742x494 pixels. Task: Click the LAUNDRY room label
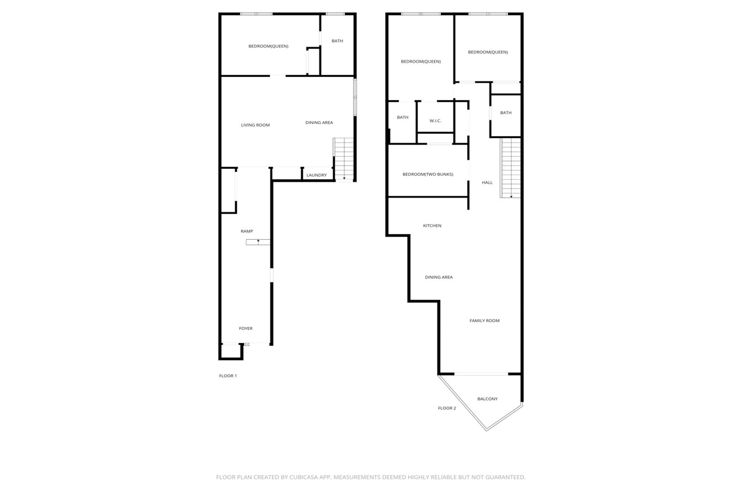point(316,175)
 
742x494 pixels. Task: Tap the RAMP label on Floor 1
point(247,231)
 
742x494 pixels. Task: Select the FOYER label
point(246,328)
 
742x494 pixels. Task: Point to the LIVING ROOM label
point(255,125)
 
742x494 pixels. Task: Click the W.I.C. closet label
point(435,121)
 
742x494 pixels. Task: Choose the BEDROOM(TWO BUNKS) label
point(428,174)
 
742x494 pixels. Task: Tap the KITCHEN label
point(432,226)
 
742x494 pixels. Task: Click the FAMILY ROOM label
point(484,321)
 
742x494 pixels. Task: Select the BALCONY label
point(487,399)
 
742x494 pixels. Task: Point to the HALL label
point(487,183)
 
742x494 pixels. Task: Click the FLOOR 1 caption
point(228,376)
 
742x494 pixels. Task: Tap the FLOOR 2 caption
point(447,408)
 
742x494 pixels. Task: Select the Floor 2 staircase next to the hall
point(510,168)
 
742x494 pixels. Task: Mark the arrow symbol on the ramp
point(258,242)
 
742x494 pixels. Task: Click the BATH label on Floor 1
point(337,41)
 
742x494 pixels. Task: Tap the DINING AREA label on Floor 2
point(439,277)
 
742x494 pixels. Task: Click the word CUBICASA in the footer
point(303,477)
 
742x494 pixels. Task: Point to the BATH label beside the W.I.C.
point(402,117)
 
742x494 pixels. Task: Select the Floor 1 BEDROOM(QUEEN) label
point(268,46)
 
